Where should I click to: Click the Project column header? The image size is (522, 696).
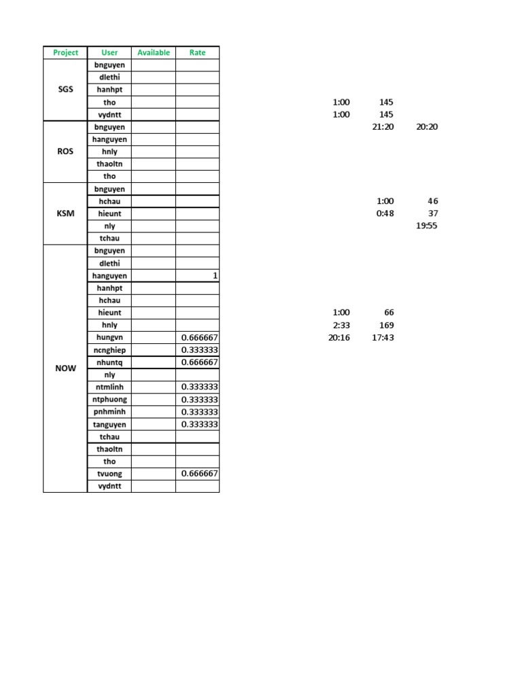(65, 52)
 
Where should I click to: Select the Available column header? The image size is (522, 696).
(154, 52)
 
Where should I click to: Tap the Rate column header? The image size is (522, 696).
(197, 52)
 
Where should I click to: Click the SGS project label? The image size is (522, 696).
(65, 90)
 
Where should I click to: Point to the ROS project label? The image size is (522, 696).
(65, 152)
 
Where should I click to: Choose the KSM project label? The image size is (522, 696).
(65, 213)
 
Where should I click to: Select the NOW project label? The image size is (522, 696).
(65, 368)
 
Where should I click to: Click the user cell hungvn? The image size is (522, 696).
(109, 338)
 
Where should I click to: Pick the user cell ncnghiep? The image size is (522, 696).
(109, 350)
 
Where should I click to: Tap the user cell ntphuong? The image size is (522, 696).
(109, 400)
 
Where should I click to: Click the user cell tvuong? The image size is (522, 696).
(109, 474)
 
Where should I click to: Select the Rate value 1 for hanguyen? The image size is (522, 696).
(215, 276)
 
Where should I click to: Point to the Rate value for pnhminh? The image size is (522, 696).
(199, 412)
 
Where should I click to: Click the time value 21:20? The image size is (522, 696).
(383, 127)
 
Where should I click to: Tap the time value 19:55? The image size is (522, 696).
(426, 226)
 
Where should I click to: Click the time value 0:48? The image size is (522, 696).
(385, 213)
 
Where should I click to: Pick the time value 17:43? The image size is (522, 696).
(383, 338)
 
